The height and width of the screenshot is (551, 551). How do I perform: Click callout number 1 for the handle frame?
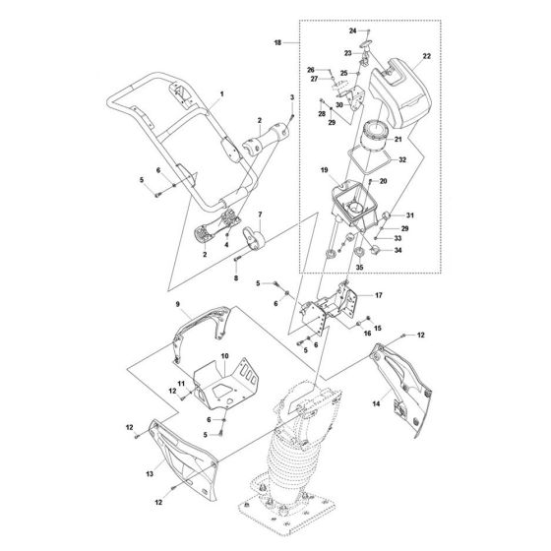click(x=222, y=92)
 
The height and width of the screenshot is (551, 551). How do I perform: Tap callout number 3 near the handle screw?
click(x=293, y=97)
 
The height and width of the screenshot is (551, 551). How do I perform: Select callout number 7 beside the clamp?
click(x=260, y=214)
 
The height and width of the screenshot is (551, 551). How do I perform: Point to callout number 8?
click(x=237, y=279)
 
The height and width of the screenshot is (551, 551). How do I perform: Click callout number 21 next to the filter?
click(x=399, y=141)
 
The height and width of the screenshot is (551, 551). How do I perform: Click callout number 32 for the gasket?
click(x=402, y=158)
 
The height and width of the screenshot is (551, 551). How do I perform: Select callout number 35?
click(x=358, y=266)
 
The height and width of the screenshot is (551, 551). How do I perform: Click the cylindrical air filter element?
click(x=376, y=138)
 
